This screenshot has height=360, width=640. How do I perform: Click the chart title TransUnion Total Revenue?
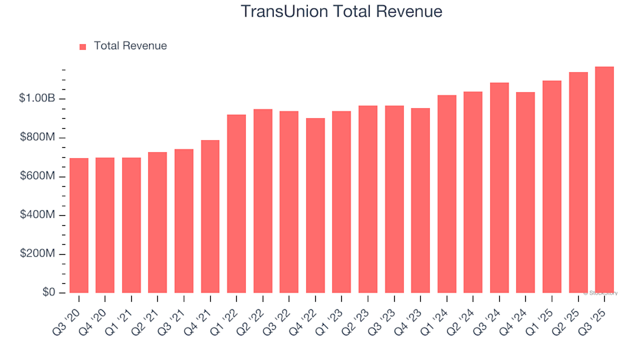click(341, 12)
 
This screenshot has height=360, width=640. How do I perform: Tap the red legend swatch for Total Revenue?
click(83, 47)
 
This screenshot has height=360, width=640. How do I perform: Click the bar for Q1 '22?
click(236, 204)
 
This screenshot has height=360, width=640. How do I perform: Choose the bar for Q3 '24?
click(499, 188)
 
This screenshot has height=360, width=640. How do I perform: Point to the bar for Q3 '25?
click(604, 180)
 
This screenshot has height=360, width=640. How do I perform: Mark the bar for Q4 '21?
click(210, 217)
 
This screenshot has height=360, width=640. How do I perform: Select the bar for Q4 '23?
click(420, 201)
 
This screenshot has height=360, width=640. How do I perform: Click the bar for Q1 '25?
click(551, 187)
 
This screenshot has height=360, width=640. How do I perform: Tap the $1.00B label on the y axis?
click(38, 99)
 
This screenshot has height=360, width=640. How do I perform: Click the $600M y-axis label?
click(38, 177)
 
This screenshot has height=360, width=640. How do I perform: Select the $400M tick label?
click(38, 215)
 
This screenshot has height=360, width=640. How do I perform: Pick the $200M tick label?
click(38, 254)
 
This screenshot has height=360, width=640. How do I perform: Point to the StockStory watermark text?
click(601, 293)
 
